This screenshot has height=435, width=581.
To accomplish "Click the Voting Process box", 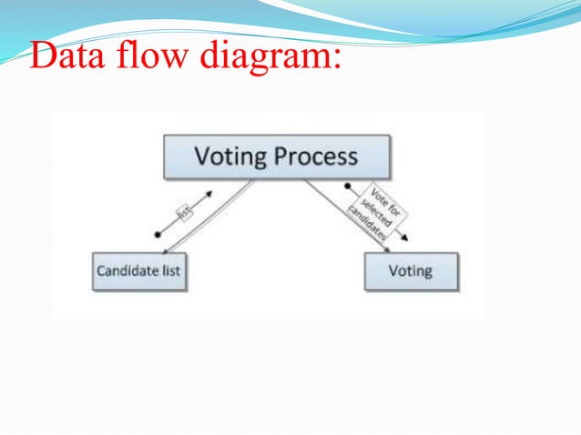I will [x=276, y=157].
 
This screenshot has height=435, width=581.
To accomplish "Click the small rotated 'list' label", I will [x=185, y=212].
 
